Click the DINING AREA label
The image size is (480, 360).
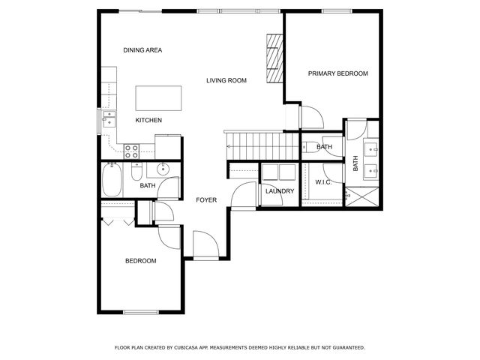(x=142, y=50)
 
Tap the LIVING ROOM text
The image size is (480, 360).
(x=226, y=80)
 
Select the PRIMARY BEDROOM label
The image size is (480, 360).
(x=338, y=73)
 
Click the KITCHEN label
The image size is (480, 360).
(x=148, y=120)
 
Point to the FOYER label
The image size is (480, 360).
(x=206, y=200)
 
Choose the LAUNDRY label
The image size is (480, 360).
(x=280, y=191)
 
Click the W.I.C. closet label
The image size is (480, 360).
(x=324, y=182)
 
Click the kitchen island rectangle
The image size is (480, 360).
(x=158, y=97)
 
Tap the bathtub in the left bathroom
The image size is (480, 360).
(x=115, y=180)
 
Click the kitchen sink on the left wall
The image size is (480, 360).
(x=109, y=119)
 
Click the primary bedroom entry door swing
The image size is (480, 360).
(x=310, y=116)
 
